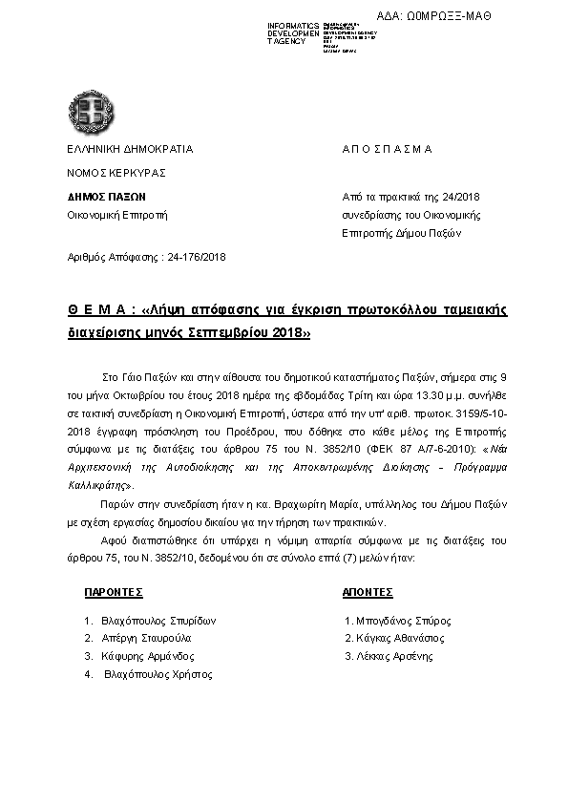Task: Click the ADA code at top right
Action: coord(447,16)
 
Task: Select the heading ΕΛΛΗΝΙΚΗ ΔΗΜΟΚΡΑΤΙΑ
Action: coord(130,150)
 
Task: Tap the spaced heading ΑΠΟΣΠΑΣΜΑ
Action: coord(387,150)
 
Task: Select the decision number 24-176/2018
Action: coord(197,258)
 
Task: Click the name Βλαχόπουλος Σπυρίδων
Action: coord(158,620)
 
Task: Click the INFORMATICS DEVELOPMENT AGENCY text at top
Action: coord(294,33)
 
